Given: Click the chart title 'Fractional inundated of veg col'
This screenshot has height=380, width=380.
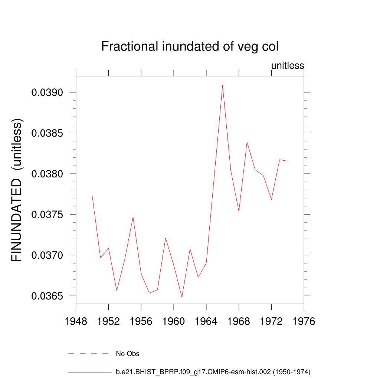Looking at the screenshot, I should click(190, 47).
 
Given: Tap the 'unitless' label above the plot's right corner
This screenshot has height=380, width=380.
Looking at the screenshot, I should click(288, 66).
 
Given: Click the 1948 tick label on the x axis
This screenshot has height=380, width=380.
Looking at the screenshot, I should click(76, 321).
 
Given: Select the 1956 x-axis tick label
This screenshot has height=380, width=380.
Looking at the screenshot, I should click(141, 321).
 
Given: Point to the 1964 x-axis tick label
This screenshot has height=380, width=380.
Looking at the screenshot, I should click(206, 321).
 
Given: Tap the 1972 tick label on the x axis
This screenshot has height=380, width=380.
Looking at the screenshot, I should click(271, 321).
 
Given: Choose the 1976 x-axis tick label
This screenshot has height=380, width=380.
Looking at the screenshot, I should click(304, 321).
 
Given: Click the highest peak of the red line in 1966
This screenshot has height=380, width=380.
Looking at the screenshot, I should click(223, 85).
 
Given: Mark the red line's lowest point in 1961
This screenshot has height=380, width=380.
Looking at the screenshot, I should click(182, 297).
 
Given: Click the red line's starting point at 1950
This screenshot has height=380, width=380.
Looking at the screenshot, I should click(92, 196).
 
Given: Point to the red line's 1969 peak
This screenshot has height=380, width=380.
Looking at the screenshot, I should click(247, 142).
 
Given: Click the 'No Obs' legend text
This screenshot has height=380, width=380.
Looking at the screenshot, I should click(128, 354).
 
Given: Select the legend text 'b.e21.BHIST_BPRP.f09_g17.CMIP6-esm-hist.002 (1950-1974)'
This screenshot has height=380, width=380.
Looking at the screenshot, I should click(213, 371).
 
